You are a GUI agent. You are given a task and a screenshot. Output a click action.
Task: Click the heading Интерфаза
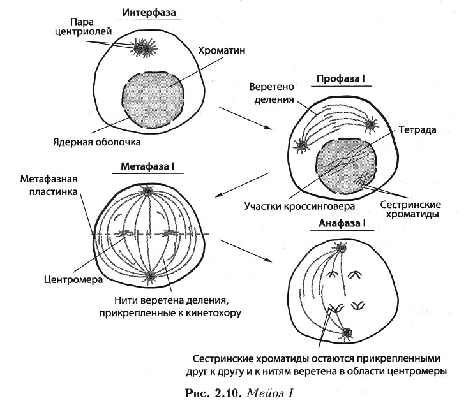[x=149, y=13]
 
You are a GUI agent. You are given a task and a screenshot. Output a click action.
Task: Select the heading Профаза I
[x=341, y=78]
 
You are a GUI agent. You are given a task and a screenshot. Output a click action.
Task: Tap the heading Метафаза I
[x=147, y=166]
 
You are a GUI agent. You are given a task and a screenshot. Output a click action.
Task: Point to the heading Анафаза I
[x=342, y=223]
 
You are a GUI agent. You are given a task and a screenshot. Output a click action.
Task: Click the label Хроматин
[x=222, y=50]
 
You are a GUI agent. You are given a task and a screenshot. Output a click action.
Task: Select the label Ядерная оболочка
[x=97, y=142]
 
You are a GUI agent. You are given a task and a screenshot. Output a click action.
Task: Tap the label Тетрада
[x=417, y=129]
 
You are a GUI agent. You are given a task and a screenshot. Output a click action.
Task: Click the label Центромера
[x=73, y=279]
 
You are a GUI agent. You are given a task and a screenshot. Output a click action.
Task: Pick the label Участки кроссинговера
[x=299, y=206]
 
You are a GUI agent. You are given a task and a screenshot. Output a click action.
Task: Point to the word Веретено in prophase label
[x=271, y=87]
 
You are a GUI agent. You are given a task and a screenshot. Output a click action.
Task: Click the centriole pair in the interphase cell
[x=143, y=48]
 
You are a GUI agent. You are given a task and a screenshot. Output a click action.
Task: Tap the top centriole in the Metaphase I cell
[x=147, y=191]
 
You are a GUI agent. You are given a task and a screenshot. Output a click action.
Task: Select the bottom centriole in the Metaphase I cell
[x=150, y=276]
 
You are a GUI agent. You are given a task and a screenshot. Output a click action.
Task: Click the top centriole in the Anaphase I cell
[x=342, y=247]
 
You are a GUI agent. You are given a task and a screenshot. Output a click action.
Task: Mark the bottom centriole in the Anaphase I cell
[x=347, y=332]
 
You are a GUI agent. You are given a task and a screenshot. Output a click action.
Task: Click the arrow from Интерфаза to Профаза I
[x=246, y=118]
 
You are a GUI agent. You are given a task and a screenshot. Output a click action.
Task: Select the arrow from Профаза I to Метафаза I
[x=242, y=185]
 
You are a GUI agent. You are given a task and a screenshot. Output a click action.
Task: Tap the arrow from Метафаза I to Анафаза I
[x=246, y=251]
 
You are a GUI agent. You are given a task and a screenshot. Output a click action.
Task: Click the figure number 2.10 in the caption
[x=227, y=393]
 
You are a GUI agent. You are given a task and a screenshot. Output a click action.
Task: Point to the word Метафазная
[x=49, y=179]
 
